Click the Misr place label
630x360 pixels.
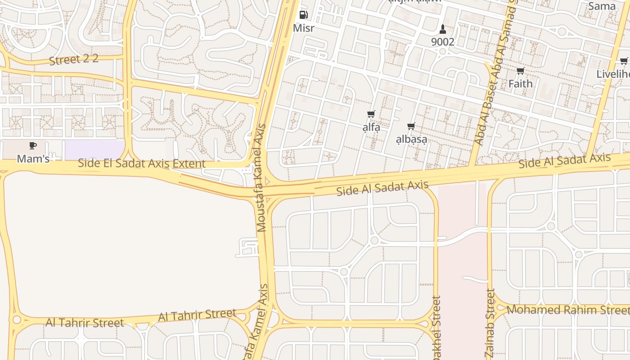pyautogui.click(x=303, y=28)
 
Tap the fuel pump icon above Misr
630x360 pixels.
pyautogui.click(x=303, y=15)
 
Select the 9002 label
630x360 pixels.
pyautogui.click(x=443, y=42)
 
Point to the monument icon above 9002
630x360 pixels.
pyautogui.click(x=443, y=29)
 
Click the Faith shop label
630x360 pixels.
pyautogui.click(x=520, y=84)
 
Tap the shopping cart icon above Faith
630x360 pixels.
pyautogui.click(x=520, y=71)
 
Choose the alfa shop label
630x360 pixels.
pyautogui.click(x=371, y=127)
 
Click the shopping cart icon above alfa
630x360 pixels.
pyautogui.click(x=371, y=114)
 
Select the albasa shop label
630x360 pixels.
pyautogui.click(x=411, y=139)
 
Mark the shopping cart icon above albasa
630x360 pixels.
pyautogui.click(x=411, y=126)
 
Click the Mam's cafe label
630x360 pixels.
pyautogui.click(x=33, y=159)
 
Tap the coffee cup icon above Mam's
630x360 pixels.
pyautogui.click(x=32, y=145)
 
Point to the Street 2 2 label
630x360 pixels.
pyautogui.click(x=74, y=59)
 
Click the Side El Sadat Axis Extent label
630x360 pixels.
pyautogui.click(x=141, y=163)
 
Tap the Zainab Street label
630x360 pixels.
pyautogui.click(x=490, y=323)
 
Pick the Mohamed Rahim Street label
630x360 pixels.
pyautogui.click(x=568, y=310)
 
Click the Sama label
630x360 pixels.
pyautogui.click(x=602, y=6)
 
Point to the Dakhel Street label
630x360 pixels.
pyautogui.click(x=436, y=328)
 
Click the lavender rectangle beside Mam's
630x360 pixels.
pyautogui.click(x=94, y=150)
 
